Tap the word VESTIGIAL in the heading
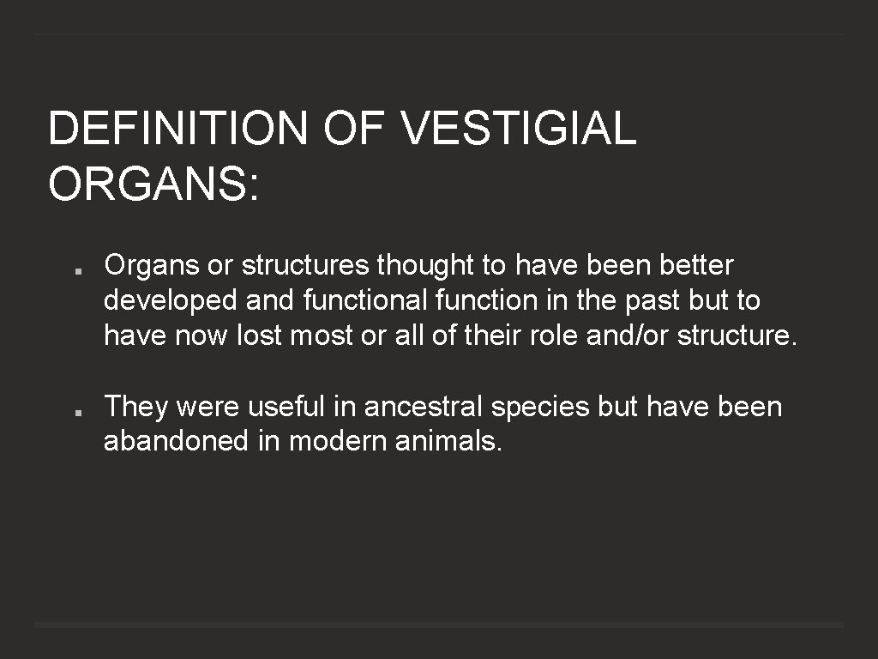click(x=518, y=129)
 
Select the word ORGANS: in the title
click(x=153, y=183)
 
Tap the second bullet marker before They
click(x=77, y=412)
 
